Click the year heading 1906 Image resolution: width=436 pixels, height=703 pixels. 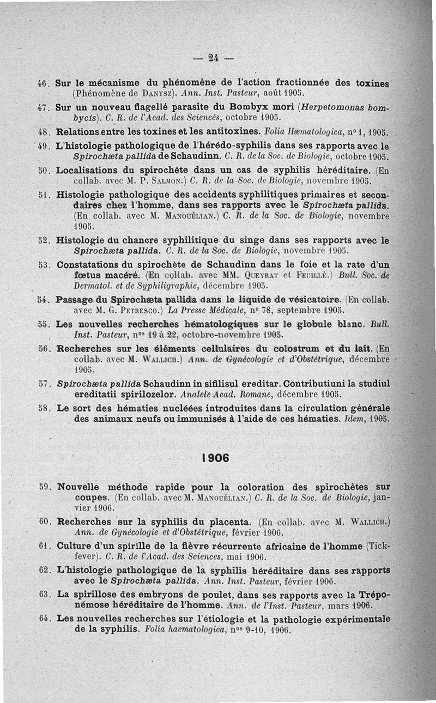pos(215,458)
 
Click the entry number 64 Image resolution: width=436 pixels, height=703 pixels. pos(45,619)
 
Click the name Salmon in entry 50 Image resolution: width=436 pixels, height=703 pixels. pos(161,180)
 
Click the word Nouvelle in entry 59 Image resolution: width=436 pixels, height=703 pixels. pos(78,487)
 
